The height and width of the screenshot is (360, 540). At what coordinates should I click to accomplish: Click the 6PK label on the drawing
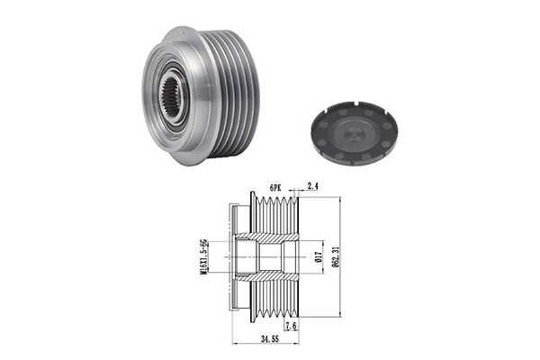(275, 188)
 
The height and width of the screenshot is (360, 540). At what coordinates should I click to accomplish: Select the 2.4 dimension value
(312, 186)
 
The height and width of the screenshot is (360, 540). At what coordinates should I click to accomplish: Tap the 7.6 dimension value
(292, 326)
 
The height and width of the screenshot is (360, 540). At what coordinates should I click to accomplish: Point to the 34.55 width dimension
(270, 339)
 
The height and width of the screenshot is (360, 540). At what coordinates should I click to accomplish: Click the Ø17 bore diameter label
(319, 257)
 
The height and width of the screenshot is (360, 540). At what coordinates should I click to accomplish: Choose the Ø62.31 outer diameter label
(336, 256)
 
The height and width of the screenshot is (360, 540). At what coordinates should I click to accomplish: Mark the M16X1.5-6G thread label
(204, 256)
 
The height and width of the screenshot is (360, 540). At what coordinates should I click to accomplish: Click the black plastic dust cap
(354, 133)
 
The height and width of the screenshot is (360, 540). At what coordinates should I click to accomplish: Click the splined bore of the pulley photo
(172, 97)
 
